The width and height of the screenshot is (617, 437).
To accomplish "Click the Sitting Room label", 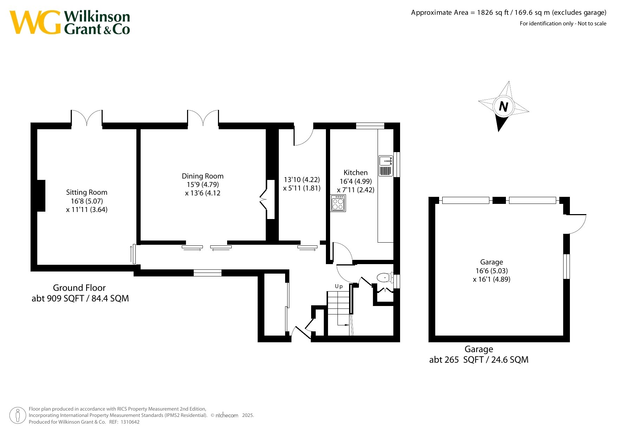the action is [86, 192].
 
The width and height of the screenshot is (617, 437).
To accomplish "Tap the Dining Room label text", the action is [203, 176].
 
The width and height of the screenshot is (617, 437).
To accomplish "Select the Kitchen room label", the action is [355, 173].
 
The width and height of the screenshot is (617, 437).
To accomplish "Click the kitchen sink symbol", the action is [386, 166].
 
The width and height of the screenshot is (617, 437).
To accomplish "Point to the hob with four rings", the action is [338, 203].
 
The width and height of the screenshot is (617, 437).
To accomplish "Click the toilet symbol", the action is [385, 277].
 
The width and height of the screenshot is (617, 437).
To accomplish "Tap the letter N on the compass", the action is [503, 106].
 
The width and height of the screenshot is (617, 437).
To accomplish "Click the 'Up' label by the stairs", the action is [339, 286].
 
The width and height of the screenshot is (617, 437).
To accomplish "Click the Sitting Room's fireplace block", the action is [41, 196].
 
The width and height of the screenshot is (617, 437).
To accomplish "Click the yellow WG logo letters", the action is [35, 22].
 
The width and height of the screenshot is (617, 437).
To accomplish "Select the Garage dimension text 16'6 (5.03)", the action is [491, 271].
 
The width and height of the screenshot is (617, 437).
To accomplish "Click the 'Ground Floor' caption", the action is [79, 288].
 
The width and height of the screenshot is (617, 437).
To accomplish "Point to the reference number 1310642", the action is [130, 422].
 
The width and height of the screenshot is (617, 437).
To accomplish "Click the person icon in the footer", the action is [18, 416].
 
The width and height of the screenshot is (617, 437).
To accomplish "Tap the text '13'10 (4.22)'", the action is [302, 180].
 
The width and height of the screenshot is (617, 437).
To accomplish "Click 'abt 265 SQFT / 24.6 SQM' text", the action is [479, 360].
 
